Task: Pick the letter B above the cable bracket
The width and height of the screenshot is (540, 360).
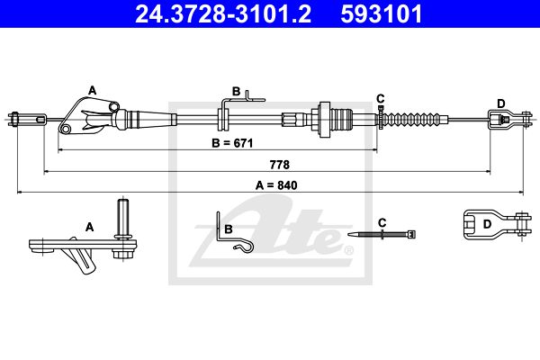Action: pos(236,91)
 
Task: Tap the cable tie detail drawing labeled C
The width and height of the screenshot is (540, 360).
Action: pos(387,235)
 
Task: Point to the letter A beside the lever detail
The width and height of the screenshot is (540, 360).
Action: pos(90,227)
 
